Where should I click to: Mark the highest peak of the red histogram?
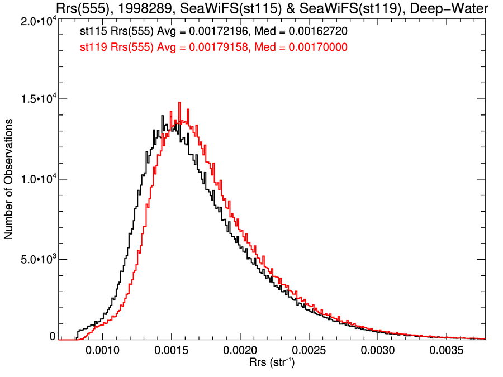point(179,103)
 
